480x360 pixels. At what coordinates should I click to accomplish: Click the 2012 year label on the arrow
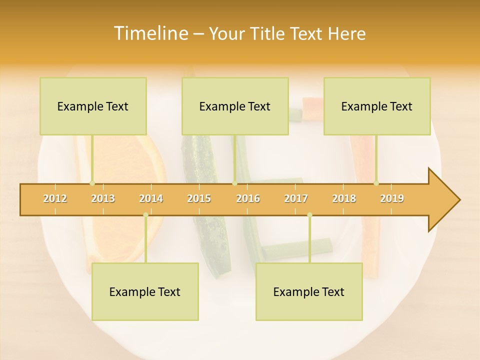[55, 198]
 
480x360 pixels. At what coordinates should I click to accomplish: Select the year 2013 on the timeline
[103, 198]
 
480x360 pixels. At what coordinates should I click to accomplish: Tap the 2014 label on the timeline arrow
[151, 198]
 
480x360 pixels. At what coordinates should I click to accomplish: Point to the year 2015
[199, 198]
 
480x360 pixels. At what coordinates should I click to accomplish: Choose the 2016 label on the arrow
[248, 198]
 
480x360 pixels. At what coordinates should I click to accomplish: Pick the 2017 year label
[296, 198]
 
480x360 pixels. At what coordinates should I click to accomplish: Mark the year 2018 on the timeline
[344, 198]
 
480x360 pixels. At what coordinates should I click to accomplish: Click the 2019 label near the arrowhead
[392, 198]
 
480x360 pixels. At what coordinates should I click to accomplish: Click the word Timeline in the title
[150, 33]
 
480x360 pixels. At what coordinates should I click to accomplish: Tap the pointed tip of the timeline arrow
[458, 200]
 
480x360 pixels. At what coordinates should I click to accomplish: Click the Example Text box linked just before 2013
[93, 106]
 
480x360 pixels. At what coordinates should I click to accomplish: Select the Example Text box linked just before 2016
[235, 106]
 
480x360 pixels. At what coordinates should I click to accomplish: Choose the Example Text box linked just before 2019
[377, 106]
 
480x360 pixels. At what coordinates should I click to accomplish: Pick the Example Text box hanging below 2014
[145, 291]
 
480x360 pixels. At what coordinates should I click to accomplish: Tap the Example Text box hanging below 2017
[309, 291]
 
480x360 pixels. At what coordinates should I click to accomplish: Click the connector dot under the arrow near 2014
[145, 215]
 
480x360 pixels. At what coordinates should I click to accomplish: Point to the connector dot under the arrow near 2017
[309, 215]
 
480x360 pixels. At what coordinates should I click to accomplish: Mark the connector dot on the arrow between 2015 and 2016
[234, 183]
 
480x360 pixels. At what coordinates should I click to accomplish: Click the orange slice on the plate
[130, 165]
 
